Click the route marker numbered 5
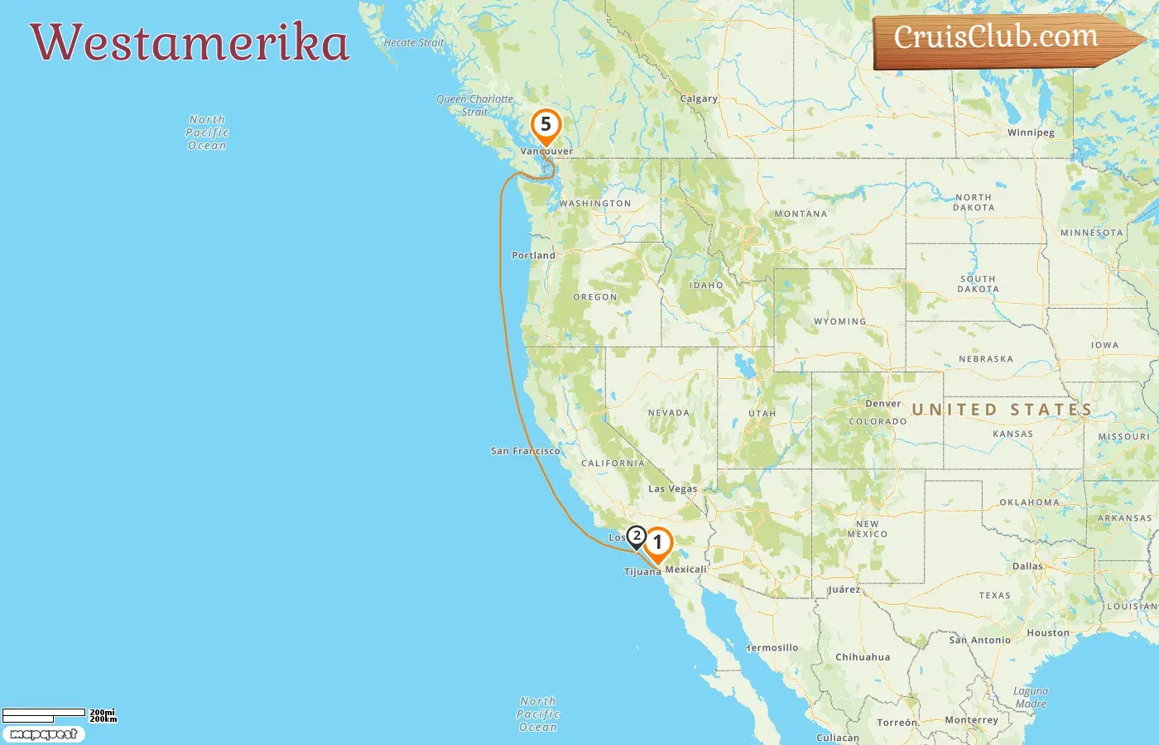tap(546, 125)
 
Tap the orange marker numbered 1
tap(658, 543)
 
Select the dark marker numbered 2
tap(636, 536)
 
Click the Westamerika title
tap(190, 43)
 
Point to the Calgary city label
tap(699, 99)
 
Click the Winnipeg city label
tap(1031, 132)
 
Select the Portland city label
tap(533, 255)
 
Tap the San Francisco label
tap(525, 451)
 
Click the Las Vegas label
tap(672, 488)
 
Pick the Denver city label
tap(882, 404)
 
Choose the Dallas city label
tap(1027, 566)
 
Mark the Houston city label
tap(1047, 633)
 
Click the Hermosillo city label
tap(772, 647)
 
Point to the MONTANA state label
tap(801, 214)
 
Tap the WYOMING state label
tap(839, 321)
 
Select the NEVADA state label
tap(668, 412)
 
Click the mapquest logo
tap(43, 734)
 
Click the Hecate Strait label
tap(413, 43)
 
